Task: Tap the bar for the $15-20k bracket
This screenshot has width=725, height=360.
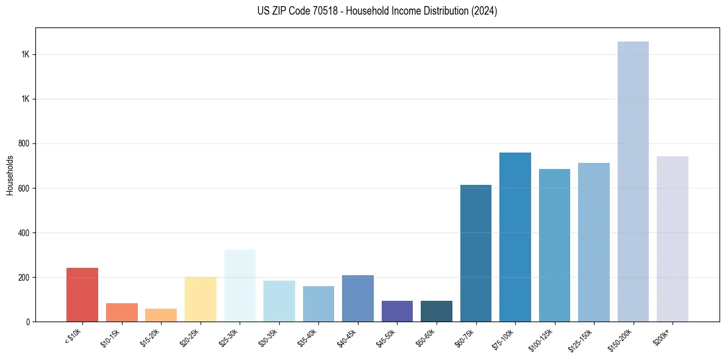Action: tap(161, 315)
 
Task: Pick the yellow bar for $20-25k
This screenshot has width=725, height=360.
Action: tap(201, 299)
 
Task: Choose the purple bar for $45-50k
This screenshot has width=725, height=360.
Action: tap(397, 311)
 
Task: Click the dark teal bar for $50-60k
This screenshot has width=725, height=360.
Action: tap(437, 311)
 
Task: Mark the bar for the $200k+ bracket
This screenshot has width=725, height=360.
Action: tap(673, 239)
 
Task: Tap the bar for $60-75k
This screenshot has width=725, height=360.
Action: tap(476, 253)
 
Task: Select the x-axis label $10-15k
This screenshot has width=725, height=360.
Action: tap(110, 338)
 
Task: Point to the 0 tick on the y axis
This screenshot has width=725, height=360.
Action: tap(28, 322)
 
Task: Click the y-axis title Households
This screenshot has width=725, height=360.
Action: tap(10, 175)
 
